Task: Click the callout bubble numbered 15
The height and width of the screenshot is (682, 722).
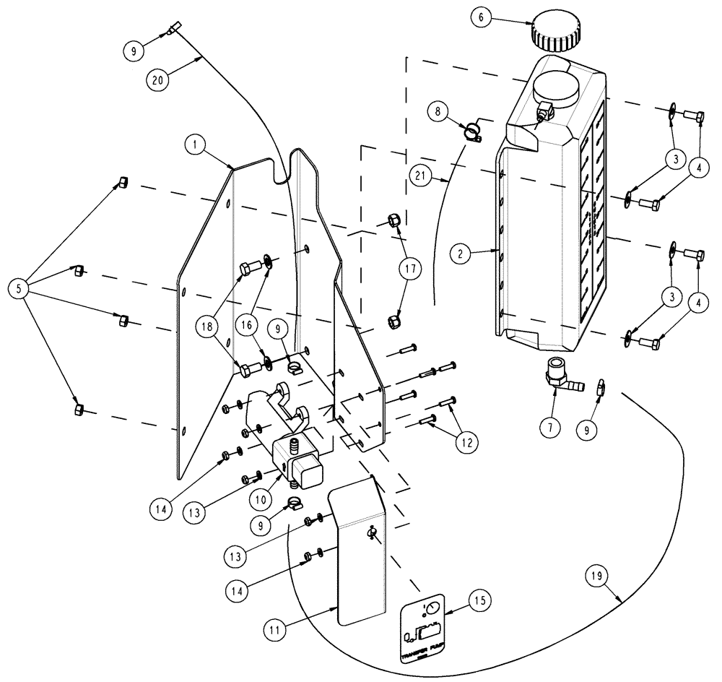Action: coord(480,600)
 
